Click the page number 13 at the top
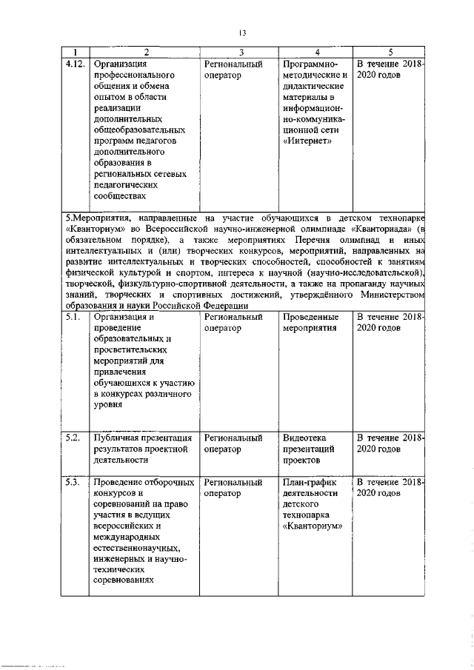click(241, 33)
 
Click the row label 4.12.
click(74, 64)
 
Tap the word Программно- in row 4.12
click(310, 64)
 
